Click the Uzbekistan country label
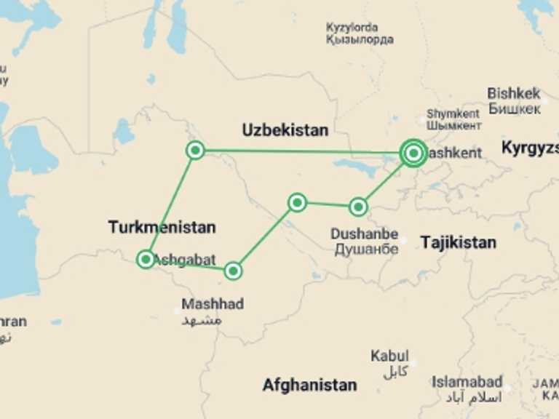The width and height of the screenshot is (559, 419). tap(285, 130)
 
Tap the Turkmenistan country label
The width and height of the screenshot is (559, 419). tap(162, 227)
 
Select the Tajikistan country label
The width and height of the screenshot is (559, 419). tap(458, 242)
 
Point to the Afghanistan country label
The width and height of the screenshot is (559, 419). tap(309, 385)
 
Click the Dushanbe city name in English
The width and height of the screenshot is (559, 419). tap(364, 234)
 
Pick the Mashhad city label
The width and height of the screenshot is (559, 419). tap(213, 304)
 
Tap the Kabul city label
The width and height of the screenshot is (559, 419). tap(389, 356)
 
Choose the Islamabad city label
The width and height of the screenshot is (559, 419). tap(467, 381)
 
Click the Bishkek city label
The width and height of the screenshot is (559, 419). tap(514, 93)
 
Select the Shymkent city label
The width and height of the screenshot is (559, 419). tap(453, 113)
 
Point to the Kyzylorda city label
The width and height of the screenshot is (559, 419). tap(360, 28)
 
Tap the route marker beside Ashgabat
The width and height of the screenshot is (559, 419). tap(146, 259)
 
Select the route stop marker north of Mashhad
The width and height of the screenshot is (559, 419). tap(232, 271)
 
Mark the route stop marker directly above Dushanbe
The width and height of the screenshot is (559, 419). tap(357, 207)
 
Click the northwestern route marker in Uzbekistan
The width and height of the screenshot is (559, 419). tap(195, 151)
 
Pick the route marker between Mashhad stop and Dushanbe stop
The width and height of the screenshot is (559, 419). tap(297, 202)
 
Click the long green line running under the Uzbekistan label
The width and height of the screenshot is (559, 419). tap(298, 152)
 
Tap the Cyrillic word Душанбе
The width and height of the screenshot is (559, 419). tap(366, 249)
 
